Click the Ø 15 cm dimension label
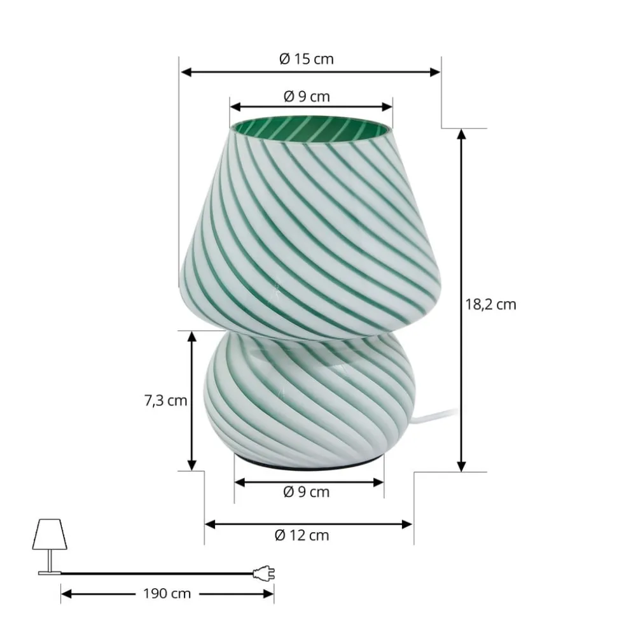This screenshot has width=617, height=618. [x=306, y=59]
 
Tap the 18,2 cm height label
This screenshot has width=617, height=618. [x=490, y=304]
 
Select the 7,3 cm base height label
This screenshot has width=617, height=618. [x=165, y=400]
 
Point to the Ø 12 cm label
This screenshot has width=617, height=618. [x=302, y=535]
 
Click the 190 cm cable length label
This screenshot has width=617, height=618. [x=167, y=594]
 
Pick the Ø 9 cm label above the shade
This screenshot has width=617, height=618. [x=307, y=97]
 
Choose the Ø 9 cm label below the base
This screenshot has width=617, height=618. [x=306, y=492]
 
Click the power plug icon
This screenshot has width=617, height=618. [x=263, y=573]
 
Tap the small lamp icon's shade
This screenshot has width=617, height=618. [x=50, y=534]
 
